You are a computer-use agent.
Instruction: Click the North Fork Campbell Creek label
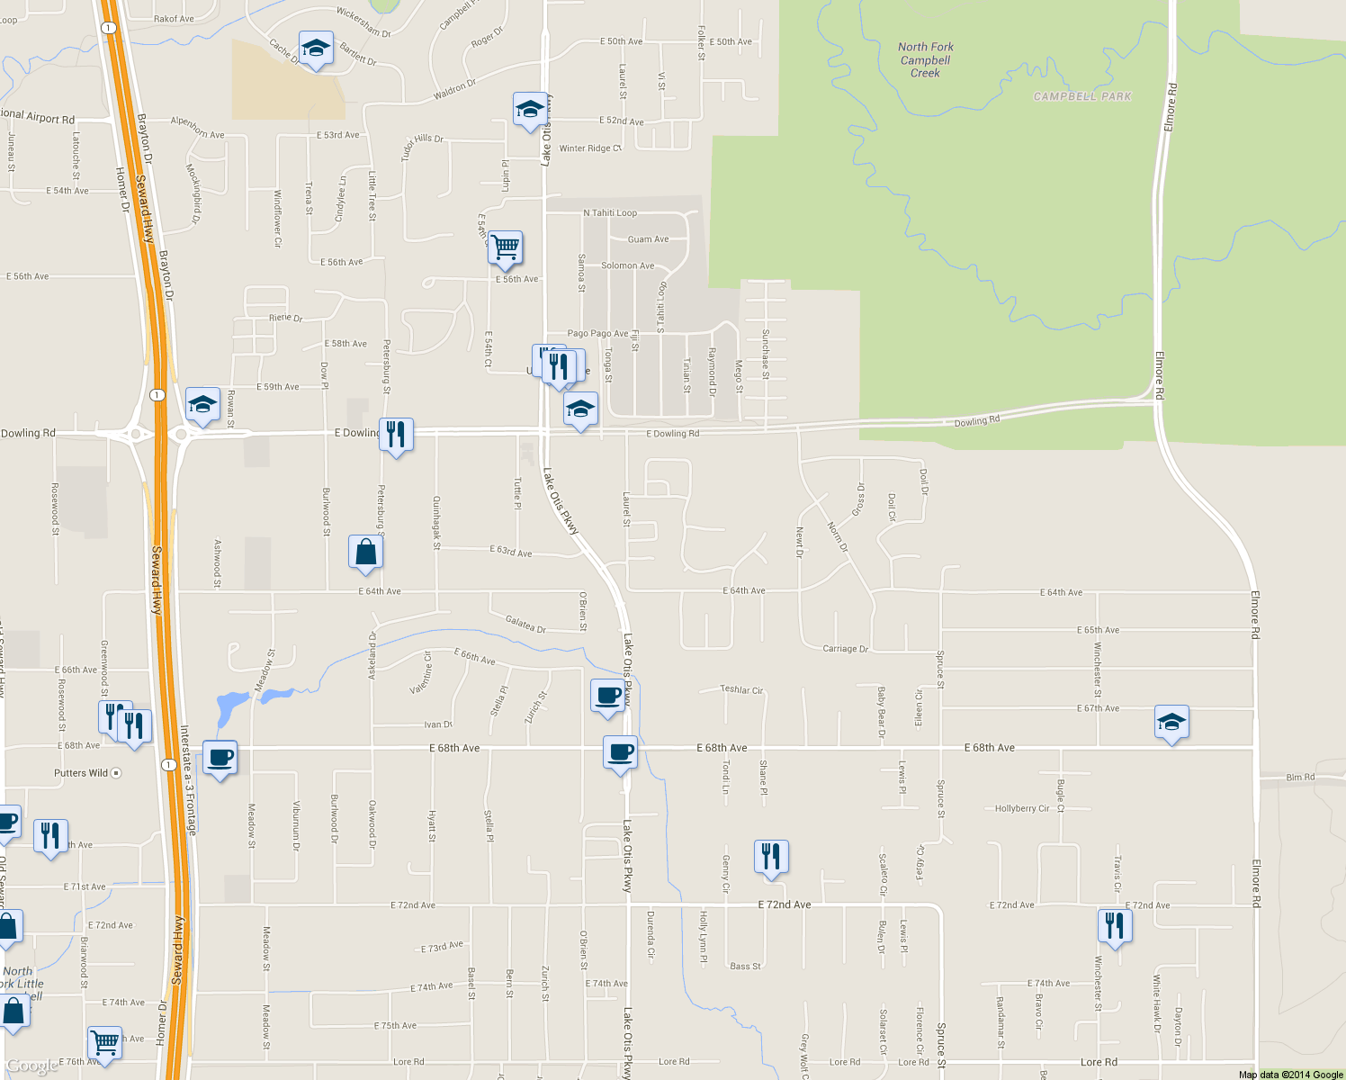[925, 60]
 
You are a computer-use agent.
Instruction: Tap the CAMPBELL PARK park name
[1082, 96]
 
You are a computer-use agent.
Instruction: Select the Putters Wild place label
[81, 773]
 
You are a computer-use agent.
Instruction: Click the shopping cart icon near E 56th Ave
[506, 247]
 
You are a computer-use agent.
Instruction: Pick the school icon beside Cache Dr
[316, 49]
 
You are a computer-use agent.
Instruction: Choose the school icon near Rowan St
[202, 405]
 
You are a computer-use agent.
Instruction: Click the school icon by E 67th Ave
[1171, 723]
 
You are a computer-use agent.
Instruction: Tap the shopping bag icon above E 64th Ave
[365, 552]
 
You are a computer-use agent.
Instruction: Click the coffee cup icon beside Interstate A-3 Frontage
[220, 757]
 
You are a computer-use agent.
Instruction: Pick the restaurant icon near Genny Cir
[771, 857]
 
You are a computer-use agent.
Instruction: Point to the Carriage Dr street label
[846, 649]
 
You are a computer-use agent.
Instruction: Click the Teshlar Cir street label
[741, 690]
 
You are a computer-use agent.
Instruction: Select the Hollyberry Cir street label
[1022, 809]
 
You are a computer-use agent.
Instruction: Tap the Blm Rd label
[1300, 777]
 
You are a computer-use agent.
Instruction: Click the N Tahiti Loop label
[610, 213]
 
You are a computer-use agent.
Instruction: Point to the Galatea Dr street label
[525, 625]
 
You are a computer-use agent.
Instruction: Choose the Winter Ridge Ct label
[590, 148]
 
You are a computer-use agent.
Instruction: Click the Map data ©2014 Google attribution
[1290, 1075]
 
